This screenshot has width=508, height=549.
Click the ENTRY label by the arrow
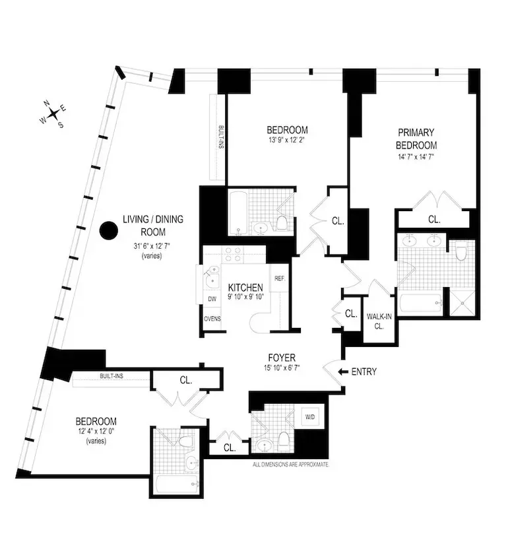click(364, 372)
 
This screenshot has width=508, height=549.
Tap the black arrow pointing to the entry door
click(342, 372)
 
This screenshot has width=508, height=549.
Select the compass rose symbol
click(53, 113)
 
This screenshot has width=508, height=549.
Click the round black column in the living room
click(108, 231)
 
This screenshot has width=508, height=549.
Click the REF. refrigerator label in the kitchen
click(279, 278)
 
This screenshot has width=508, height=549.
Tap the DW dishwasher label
click(212, 299)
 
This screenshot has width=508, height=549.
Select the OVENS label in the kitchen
click(212, 319)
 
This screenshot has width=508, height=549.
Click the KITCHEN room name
click(245, 288)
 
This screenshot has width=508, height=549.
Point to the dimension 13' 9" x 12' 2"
click(287, 141)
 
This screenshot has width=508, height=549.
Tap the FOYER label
click(282, 358)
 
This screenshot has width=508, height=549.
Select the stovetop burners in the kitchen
click(233, 254)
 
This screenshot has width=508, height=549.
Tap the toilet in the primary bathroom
click(461, 250)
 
